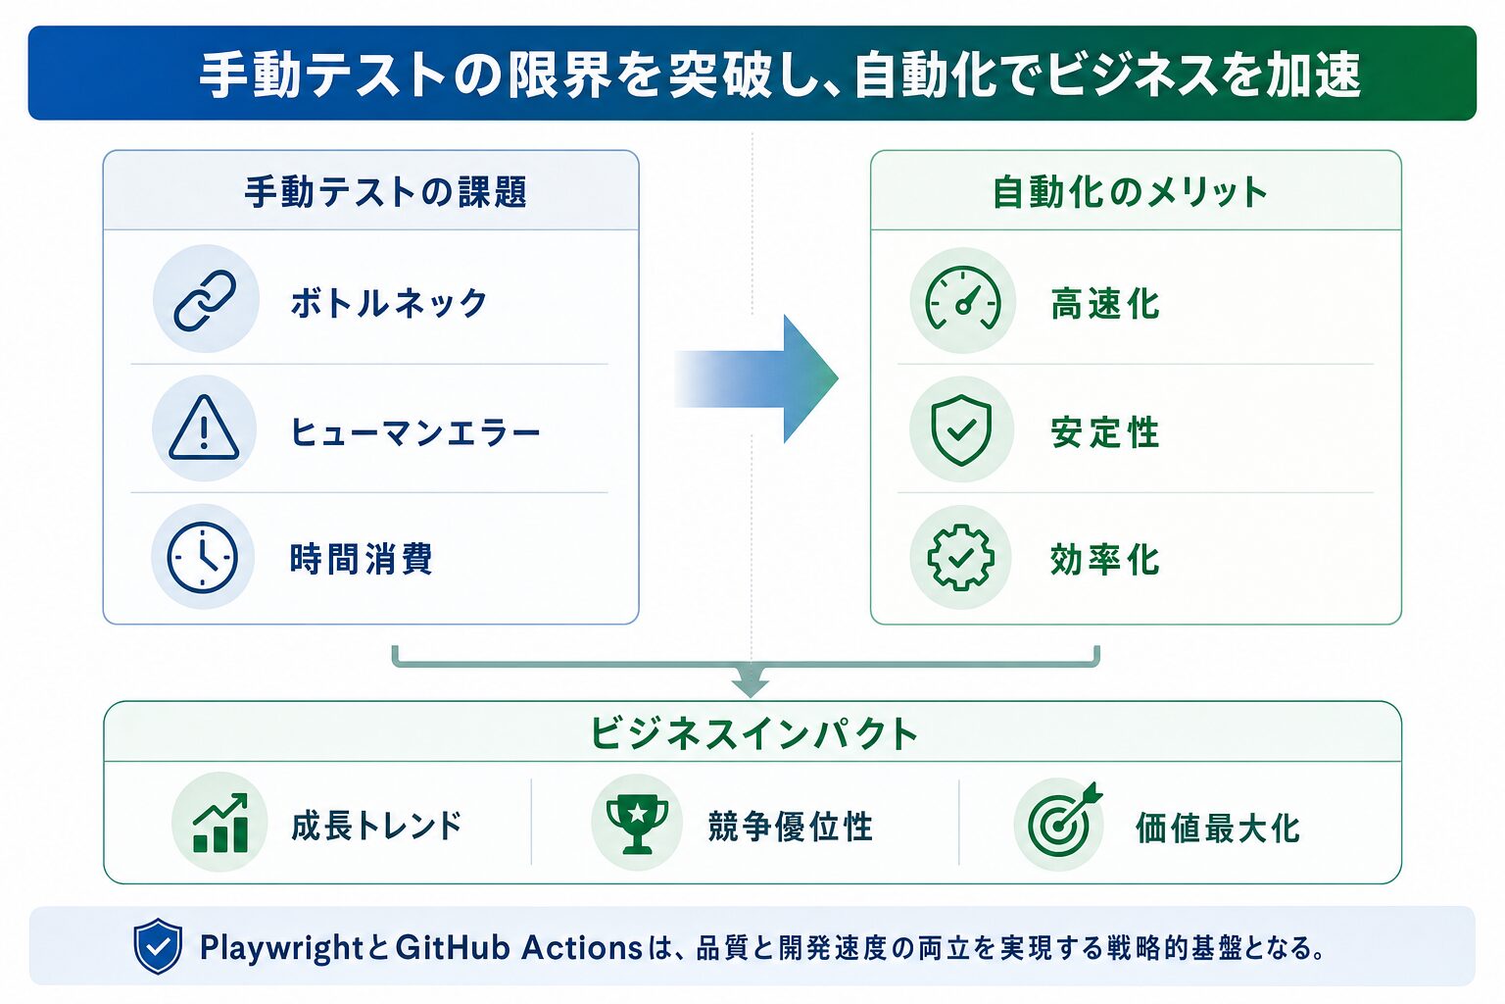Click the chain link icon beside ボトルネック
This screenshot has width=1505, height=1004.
pyautogui.click(x=205, y=301)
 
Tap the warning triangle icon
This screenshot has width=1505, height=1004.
pyautogui.click(x=204, y=428)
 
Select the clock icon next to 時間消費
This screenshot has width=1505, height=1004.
pyautogui.click(x=202, y=558)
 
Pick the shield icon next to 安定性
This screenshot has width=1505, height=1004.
pyautogui.click(x=961, y=429)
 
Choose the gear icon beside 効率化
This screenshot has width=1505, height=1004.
pyautogui.click(x=961, y=558)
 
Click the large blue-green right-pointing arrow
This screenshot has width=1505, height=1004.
pyautogui.click(x=756, y=378)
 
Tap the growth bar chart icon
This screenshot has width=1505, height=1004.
pyautogui.click(x=220, y=824)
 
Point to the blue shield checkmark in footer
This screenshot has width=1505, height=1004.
pyautogui.click(x=158, y=946)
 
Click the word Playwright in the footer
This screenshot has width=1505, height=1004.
pyautogui.click(x=281, y=948)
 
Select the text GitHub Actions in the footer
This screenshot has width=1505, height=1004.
pyautogui.click(x=518, y=947)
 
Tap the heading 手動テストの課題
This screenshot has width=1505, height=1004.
pyautogui.click(x=386, y=192)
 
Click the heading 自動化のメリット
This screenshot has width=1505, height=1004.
pyautogui.click(x=1130, y=192)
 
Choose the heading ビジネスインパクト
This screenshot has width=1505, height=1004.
pyautogui.click(x=753, y=733)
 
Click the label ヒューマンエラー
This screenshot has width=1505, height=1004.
pyautogui.click(x=415, y=431)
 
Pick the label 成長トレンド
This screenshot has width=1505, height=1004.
pyautogui.click(x=377, y=826)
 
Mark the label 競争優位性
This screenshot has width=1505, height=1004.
pyautogui.click(x=791, y=827)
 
